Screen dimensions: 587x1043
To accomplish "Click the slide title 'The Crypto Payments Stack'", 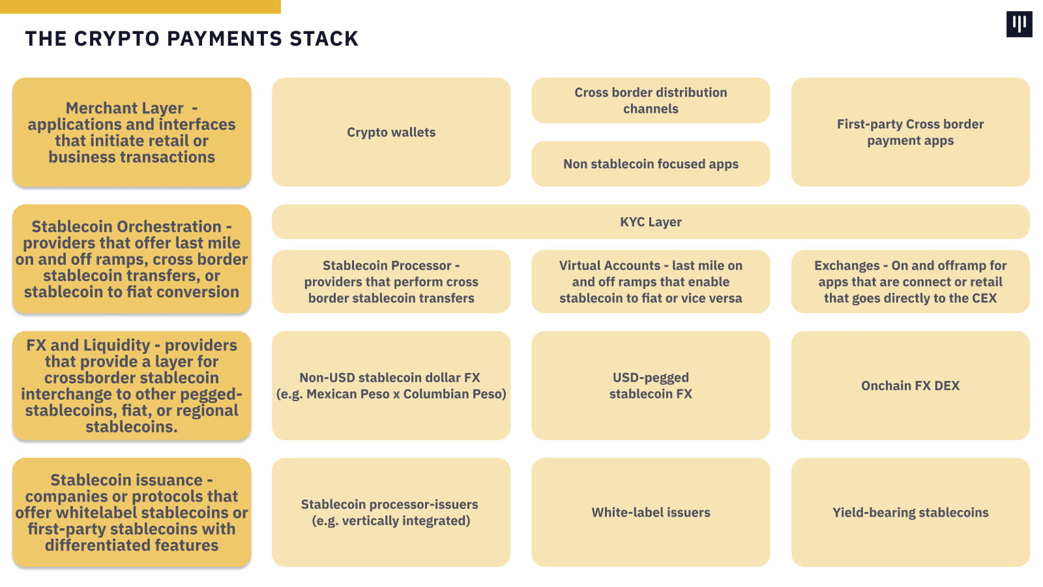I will click(x=192, y=38).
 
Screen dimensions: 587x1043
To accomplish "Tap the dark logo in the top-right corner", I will click(x=1019, y=24).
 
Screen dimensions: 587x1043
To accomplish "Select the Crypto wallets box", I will click(x=391, y=132).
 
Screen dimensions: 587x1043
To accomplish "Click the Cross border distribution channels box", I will click(x=651, y=100).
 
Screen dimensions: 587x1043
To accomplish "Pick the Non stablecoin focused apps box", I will click(x=651, y=164).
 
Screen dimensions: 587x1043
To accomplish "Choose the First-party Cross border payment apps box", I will click(x=910, y=132).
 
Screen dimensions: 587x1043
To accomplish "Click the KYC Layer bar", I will click(x=651, y=222).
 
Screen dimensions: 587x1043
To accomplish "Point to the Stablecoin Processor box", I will click(x=391, y=282).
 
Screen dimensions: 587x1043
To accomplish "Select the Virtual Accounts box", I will click(x=651, y=282).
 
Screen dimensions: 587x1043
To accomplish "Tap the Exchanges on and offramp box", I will click(x=910, y=282).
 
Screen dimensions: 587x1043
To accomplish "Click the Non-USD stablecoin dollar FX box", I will click(x=391, y=385).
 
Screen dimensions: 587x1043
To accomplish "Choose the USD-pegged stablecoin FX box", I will click(x=651, y=385).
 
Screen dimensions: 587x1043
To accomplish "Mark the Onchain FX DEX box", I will click(x=910, y=385).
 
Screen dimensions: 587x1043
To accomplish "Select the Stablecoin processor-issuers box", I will click(x=391, y=512).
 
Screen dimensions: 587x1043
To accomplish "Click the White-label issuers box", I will click(x=651, y=512).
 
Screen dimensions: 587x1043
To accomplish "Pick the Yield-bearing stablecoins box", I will click(x=910, y=512).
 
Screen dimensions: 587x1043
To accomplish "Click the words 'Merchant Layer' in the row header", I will click(x=125, y=108).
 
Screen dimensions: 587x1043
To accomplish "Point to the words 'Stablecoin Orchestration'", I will click(x=126, y=227).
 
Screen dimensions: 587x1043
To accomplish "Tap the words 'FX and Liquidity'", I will click(x=88, y=345).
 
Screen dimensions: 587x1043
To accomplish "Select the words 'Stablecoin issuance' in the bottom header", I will click(x=126, y=480).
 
